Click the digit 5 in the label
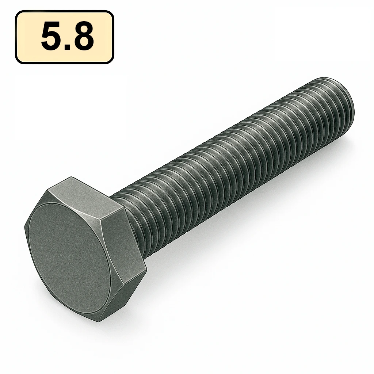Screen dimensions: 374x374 point(51,37)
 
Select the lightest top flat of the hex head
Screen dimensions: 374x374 point(86,195)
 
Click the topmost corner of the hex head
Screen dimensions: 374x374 point(70,178)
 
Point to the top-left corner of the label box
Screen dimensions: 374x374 point(16,12)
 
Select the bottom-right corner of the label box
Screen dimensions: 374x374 point(113,63)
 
